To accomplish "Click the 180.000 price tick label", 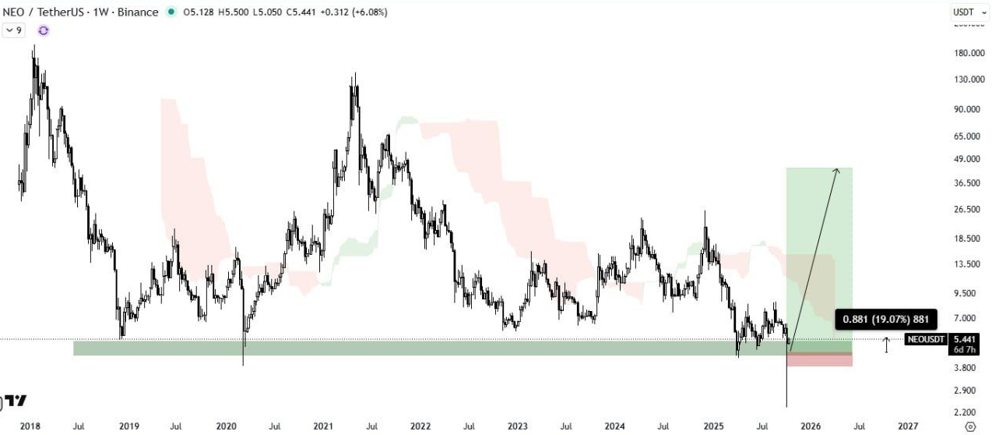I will tap(964, 53).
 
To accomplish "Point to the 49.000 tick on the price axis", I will tap(964, 159).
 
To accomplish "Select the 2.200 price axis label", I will tap(964, 412).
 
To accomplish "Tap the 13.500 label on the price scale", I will tap(964, 264).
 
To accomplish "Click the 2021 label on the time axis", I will tap(323, 426).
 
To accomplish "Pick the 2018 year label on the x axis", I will tap(30, 426).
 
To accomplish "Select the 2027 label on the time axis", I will tap(907, 426).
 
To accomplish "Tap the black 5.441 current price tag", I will tap(964, 339).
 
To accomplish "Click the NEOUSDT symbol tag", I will tap(926, 339).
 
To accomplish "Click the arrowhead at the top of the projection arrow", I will tap(837, 171).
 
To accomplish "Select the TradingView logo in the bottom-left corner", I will tap(14, 401).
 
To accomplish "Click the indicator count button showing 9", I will tap(13, 30).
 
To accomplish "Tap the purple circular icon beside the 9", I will tap(43, 30).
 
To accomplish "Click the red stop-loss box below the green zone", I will tap(819, 360).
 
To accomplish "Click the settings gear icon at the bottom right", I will tap(969, 426).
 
